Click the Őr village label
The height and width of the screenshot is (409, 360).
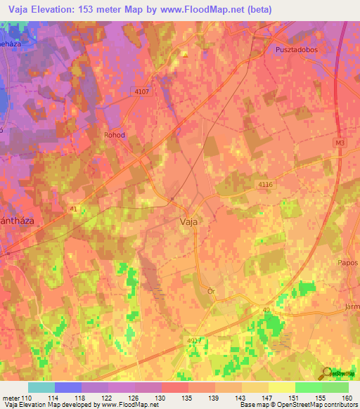(210, 290)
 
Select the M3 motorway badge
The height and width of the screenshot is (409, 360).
(340, 143)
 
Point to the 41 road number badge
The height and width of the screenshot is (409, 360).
(75, 209)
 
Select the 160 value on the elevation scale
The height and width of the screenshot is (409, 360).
(347, 398)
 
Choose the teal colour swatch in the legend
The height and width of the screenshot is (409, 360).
(41, 387)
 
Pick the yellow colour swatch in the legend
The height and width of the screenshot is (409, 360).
(281, 387)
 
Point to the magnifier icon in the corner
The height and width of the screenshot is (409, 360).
(327, 373)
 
